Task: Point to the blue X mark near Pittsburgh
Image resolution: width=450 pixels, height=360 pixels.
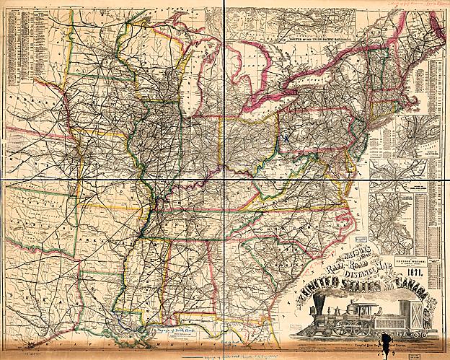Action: coord(287,133)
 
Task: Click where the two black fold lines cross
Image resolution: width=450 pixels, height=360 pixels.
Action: coord(224,179)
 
